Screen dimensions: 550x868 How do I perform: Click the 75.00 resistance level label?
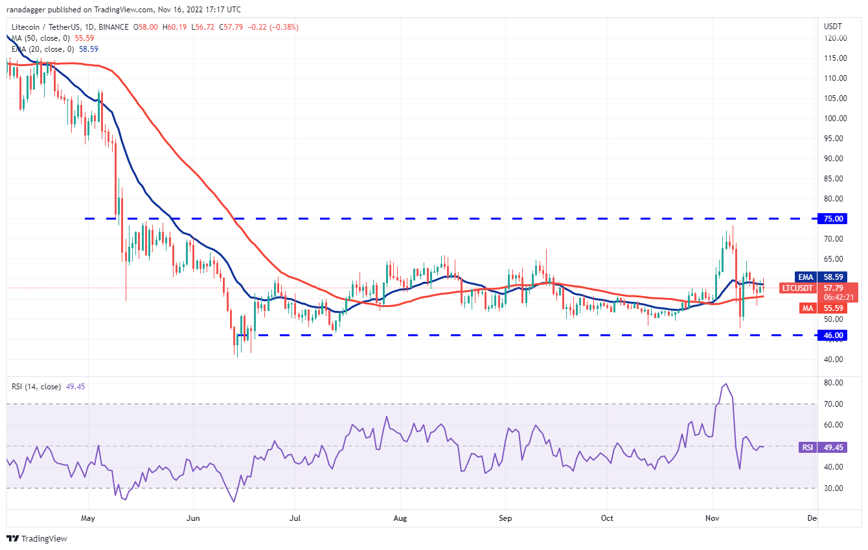coord(835,219)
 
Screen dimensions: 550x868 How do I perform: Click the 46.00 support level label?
coord(835,335)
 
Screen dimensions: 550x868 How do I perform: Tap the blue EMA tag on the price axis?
coord(806,277)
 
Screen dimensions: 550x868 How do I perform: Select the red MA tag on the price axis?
coord(807,308)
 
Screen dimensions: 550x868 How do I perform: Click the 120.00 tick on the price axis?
coord(834,38)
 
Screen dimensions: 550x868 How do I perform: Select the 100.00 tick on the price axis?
coord(834,119)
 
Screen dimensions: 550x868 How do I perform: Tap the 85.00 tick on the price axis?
coord(834,179)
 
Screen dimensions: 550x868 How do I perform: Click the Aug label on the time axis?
coord(400,518)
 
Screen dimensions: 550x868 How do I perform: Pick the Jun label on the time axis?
coord(192,518)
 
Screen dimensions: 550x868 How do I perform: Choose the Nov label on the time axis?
coord(713,518)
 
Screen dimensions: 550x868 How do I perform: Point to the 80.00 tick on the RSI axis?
coord(833,383)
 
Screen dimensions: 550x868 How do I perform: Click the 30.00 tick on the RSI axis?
coord(833,488)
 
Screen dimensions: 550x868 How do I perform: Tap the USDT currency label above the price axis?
coord(833,26)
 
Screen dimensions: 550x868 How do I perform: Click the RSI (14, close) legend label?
coord(35,387)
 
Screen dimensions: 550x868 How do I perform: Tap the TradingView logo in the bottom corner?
coord(37,538)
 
